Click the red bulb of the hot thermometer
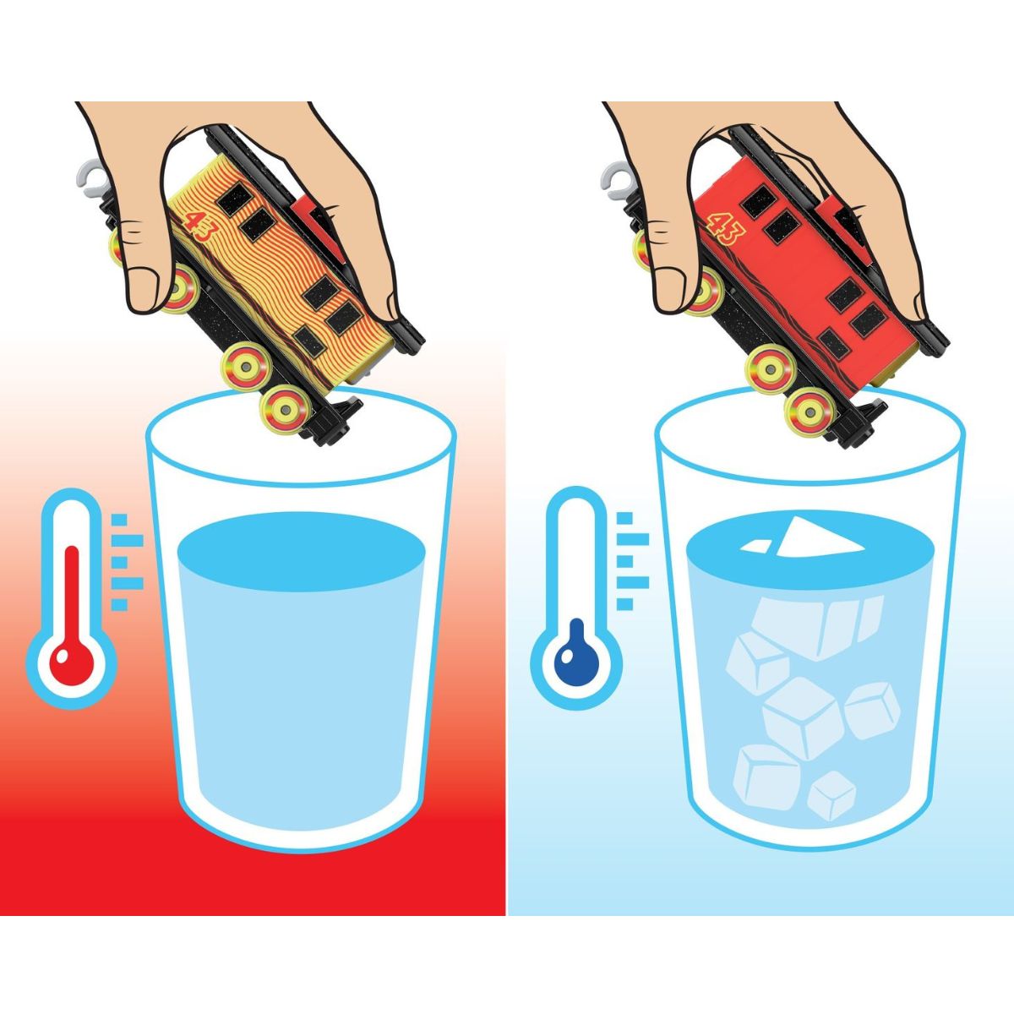point(72,665)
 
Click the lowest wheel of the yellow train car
point(286,410)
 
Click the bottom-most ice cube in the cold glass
point(832,796)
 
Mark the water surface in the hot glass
point(302,552)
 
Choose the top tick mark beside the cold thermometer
point(624,518)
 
